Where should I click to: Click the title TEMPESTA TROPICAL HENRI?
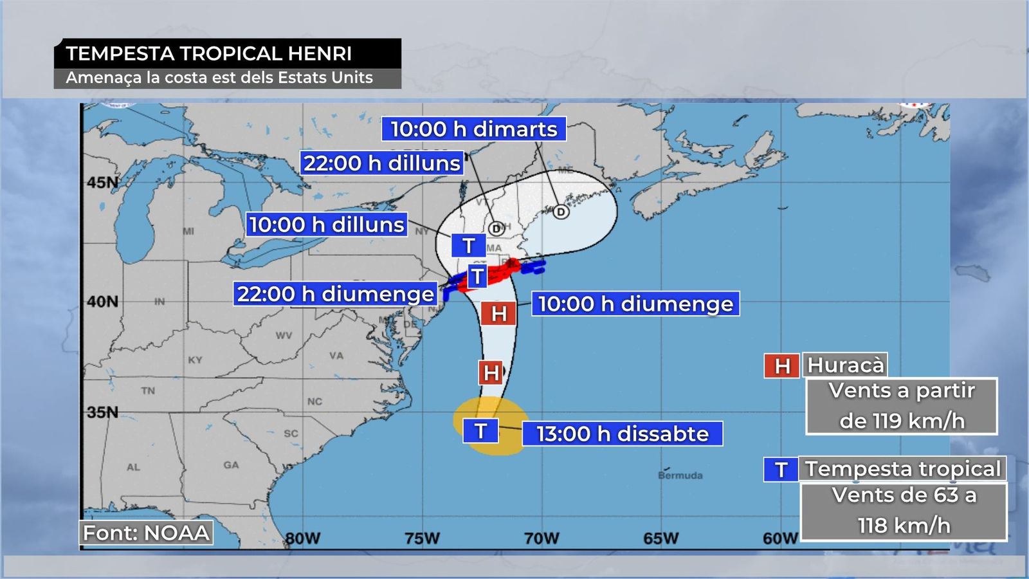(208, 53)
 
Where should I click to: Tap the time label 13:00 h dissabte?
(622, 434)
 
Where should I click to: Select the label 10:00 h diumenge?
(635, 304)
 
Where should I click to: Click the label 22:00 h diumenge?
(336, 294)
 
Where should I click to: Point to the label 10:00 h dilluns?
(327, 225)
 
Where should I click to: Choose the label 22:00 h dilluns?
(382, 163)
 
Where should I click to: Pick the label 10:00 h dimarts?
(474, 129)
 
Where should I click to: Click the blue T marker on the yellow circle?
(480, 430)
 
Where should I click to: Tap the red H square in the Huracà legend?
(781, 366)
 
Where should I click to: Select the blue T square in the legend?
(781, 470)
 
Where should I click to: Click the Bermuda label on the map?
(680, 475)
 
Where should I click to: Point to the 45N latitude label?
(103, 183)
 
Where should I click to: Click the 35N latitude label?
(102, 412)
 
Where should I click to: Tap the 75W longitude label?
(422, 538)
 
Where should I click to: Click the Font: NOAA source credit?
(147, 533)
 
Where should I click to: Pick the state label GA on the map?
(231, 464)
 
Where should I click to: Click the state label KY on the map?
(195, 360)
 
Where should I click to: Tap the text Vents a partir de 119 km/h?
(901, 406)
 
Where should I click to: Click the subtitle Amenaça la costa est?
(219, 78)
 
